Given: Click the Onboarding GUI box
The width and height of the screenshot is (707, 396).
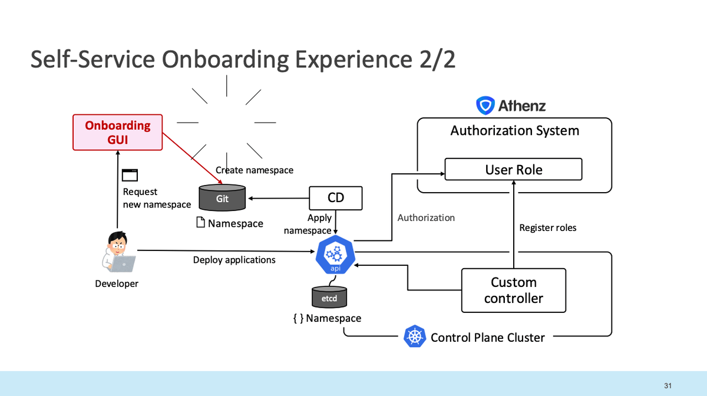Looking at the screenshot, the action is pyautogui.click(x=117, y=133).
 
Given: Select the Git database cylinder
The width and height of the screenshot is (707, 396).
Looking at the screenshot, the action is pyautogui.click(x=222, y=197).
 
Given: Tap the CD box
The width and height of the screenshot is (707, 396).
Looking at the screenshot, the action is pyautogui.click(x=335, y=198).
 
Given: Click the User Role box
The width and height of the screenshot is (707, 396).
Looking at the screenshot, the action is pyautogui.click(x=513, y=169).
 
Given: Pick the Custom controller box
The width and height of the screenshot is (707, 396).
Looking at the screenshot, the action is pyautogui.click(x=514, y=290).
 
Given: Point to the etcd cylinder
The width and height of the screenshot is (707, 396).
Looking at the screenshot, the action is pyautogui.click(x=329, y=297).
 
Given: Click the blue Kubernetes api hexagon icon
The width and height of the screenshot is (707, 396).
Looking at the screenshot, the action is pyautogui.click(x=335, y=255).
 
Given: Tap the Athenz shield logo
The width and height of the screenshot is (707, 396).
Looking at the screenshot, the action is pyautogui.click(x=485, y=105).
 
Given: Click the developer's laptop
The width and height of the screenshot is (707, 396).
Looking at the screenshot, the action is pyautogui.click(x=123, y=263).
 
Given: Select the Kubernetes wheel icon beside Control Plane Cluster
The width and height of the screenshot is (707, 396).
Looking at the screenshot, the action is pyautogui.click(x=414, y=336).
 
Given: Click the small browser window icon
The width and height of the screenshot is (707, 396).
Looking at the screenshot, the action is pyautogui.click(x=130, y=175).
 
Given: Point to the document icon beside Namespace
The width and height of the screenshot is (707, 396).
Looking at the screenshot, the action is pyautogui.click(x=200, y=222).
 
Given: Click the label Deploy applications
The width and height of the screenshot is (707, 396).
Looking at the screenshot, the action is pyautogui.click(x=234, y=260).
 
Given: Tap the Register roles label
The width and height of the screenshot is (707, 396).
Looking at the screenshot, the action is pyautogui.click(x=547, y=227).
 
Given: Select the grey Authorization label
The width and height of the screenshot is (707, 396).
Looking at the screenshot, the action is pyautogui.click(x=426, y=217).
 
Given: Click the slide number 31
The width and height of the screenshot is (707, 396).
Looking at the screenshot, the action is pyautogui.click(x=668, y=385).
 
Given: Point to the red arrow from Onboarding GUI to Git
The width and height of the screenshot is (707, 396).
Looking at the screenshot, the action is pyautogui.click(x=193, y=158).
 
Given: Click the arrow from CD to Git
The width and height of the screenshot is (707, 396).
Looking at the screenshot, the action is pyautogui.click(x=279, y=199).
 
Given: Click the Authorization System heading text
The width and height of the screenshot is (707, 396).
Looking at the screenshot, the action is pyautogui.click(x=514, y=130).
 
